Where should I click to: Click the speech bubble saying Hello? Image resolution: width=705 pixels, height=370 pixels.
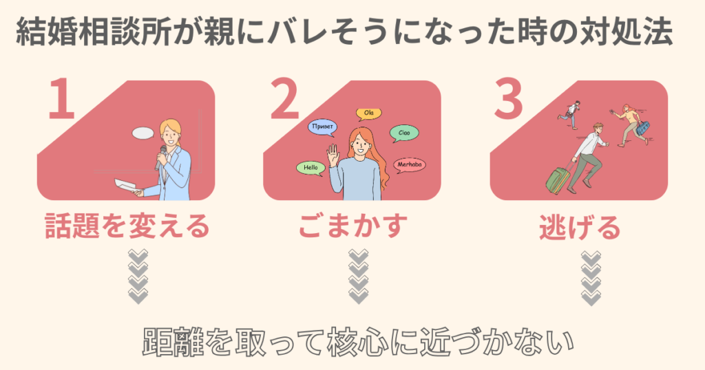(x=309, y=167)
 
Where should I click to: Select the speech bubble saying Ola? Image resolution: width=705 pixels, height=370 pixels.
(x=368, y=113)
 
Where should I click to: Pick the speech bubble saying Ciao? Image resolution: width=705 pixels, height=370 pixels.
(x=404, y=132)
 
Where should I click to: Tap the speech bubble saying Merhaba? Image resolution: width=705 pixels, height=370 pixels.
(x=410, y=165)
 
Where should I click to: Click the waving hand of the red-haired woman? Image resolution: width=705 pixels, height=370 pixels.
(x=333, y=152)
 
